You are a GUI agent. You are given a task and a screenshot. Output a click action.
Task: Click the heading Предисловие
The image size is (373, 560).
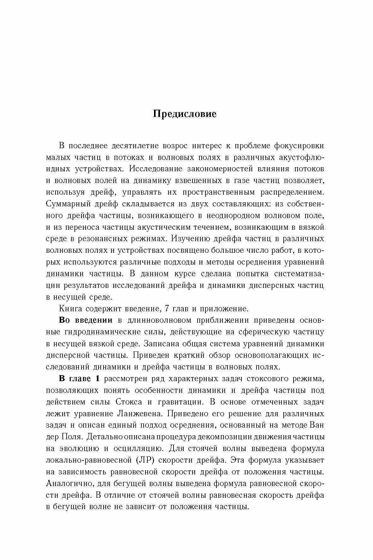click(x=185, y=114)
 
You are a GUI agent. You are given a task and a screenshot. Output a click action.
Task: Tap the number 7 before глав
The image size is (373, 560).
click(x=167, y=308)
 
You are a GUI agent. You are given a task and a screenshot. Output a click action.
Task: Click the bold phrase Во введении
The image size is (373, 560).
click(x=86, y=320)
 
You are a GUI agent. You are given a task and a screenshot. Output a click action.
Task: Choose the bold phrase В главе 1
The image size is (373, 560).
click(x=79, y=379)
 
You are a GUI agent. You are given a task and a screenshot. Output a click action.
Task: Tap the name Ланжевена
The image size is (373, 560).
click(x=139, y=413)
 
